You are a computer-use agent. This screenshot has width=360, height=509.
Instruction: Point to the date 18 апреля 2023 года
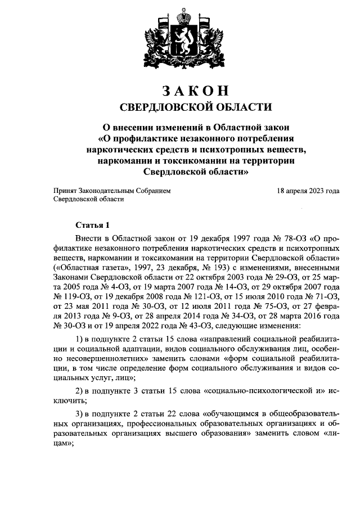click(308, 191)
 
